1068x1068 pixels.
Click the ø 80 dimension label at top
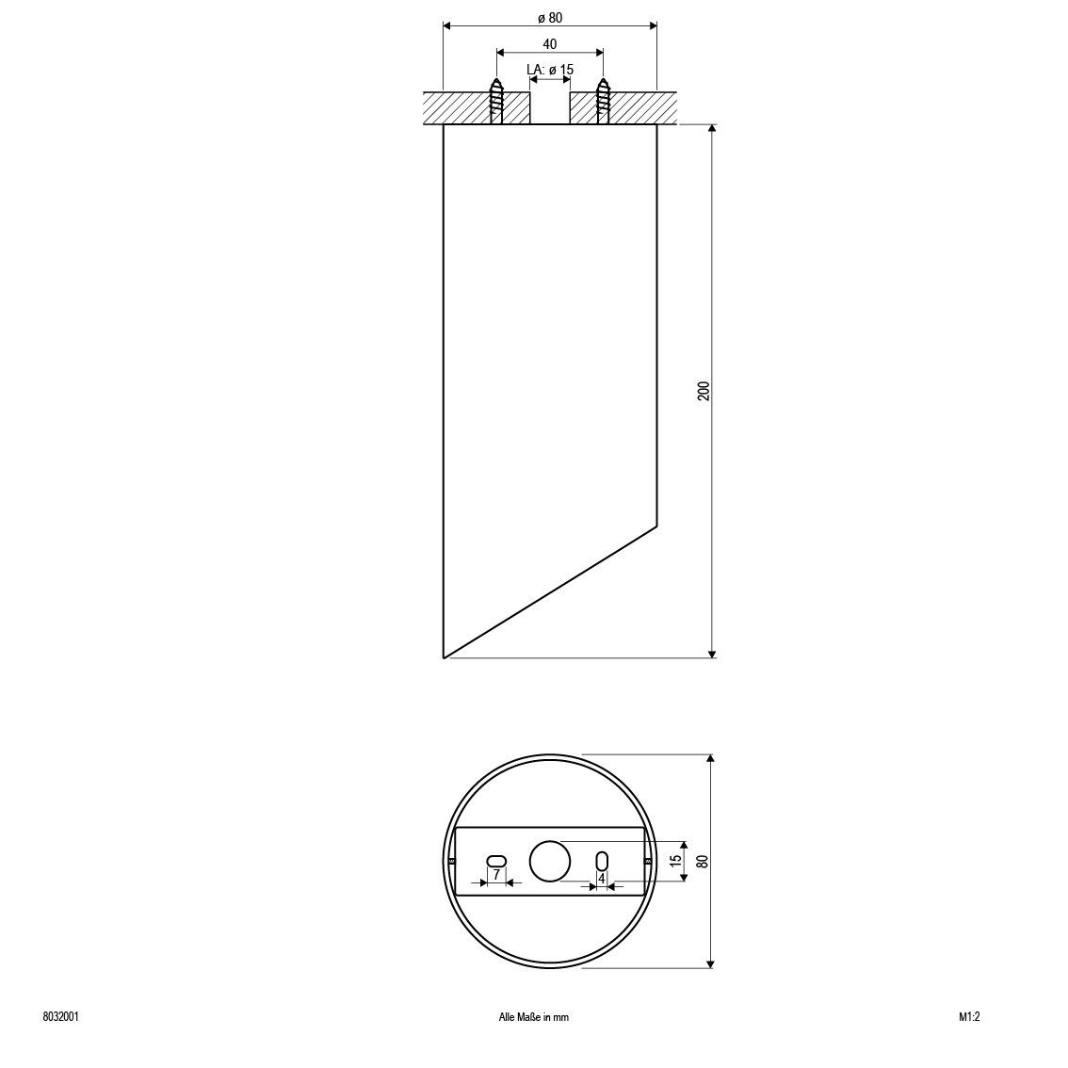point(550,19)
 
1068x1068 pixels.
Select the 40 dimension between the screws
point(550,44)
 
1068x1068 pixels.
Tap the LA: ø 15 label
point(550,70)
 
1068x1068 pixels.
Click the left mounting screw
point(496,101)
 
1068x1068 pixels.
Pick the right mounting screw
point(603,101)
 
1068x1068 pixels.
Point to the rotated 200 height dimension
point(704,391)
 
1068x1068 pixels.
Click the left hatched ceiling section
point(477,107)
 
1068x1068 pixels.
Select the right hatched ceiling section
point(624,107)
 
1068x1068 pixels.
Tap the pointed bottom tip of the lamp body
point(445,658)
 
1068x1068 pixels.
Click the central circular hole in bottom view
point(550,861)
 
